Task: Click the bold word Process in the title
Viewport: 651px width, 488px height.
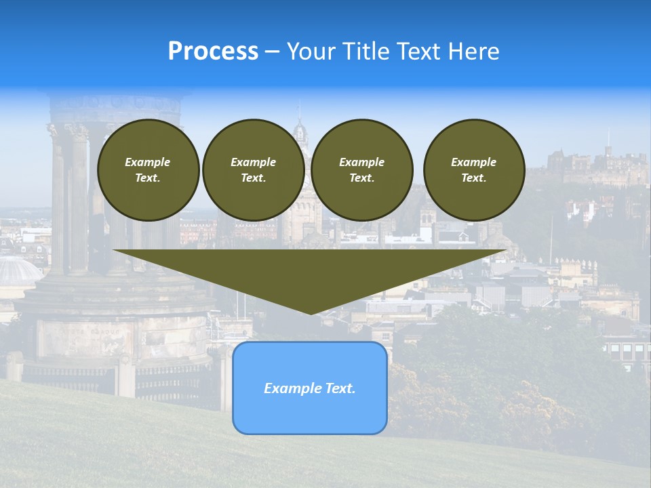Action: [213, 52]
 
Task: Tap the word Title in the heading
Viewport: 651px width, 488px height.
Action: [365, 52]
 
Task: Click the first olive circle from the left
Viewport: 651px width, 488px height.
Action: [148, 170]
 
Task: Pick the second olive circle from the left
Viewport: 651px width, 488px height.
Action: [254, 170]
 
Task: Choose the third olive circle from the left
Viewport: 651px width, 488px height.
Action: [362, 170]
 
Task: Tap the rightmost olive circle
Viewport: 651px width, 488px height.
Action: [474, 170]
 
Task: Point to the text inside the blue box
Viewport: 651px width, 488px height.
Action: [310, 388]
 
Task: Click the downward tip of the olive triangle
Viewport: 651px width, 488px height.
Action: [311, 311]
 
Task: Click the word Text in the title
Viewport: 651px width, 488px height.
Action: [417, 52]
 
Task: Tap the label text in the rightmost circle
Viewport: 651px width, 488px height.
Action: [474, 170]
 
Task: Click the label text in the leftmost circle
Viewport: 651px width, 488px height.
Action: [148, 170]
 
